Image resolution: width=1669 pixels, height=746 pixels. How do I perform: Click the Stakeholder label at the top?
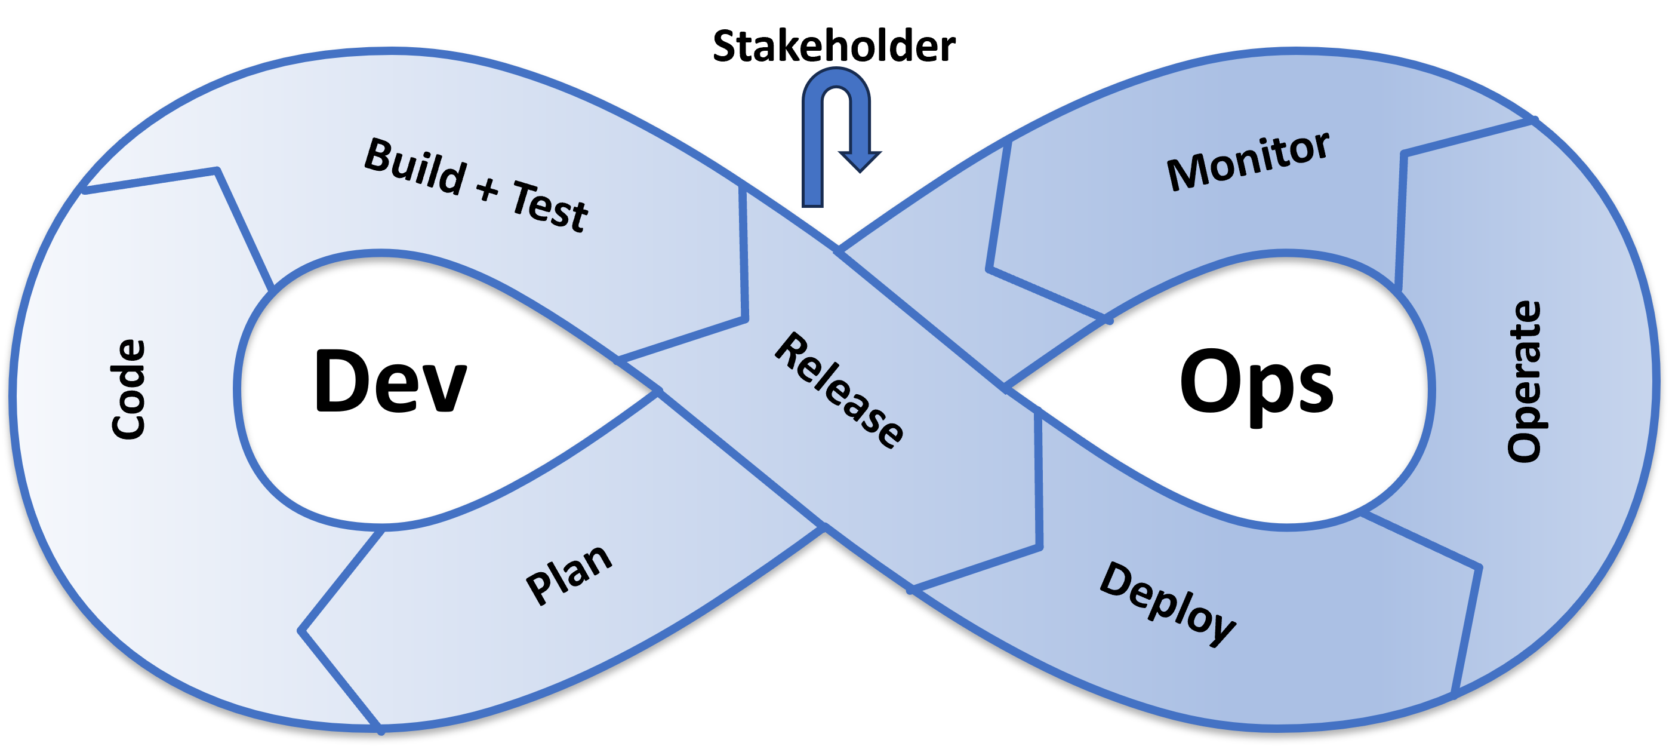pyautogui.click(x=834, y=46)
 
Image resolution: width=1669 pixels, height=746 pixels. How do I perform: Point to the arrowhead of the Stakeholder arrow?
pyautogui.click(x=860, y=161)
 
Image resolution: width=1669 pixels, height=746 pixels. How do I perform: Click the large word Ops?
pyautogui.click(x=1257, y=385)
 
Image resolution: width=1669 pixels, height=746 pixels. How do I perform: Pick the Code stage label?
pyautogui.click(x=128, y=389)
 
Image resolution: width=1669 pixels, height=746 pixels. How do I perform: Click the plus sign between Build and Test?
pyautogui.click(x=488, y=189)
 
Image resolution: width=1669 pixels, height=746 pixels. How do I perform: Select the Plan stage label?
pyautogui.click(x=568, y=575)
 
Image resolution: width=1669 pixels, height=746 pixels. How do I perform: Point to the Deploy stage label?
pyautogui.click(x=1168, y=603)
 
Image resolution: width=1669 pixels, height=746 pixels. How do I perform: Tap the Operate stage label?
pyautogui.click(x=1524, y=382)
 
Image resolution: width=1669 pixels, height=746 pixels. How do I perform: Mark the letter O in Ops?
pyautogui.click(x=1209, y=380)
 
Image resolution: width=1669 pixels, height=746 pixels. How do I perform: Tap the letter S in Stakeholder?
pyautogui.click(x=723, y=47)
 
